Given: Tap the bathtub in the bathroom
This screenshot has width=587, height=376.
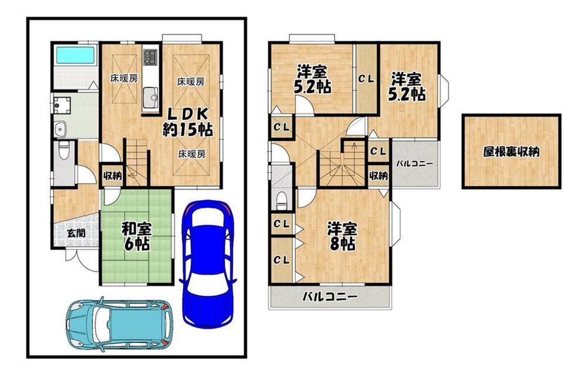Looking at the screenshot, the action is [x=75, y=55].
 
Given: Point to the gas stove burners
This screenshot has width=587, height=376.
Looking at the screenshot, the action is [x=151, y=57].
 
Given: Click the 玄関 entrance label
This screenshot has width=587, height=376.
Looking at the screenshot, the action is [x=76, y=233].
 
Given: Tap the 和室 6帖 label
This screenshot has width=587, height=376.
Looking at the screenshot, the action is [x=136, y=236].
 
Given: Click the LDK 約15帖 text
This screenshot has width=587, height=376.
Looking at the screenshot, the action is [x=188, y=122].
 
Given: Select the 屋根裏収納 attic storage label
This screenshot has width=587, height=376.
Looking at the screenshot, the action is [x=511, y=152].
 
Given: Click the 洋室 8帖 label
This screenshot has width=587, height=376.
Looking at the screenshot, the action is [x=342, y=236].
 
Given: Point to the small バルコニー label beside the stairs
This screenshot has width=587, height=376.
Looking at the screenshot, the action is [x=414, y=164].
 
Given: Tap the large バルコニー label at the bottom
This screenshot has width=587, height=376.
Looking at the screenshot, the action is [x=330, y=297].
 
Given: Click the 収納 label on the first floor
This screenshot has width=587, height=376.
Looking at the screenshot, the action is [x=113, y=176].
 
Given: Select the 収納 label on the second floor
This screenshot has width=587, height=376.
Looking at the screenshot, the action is [x=379, y=175].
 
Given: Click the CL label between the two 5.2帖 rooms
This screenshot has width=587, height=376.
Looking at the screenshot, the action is [x=366, y=79].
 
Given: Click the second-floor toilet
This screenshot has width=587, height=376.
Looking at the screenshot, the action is [x=281, y=201].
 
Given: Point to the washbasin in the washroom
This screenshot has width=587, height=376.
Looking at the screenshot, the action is [x=60, y=130].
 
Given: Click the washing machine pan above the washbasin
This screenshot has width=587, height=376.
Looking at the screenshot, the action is [x=62, y=105].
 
